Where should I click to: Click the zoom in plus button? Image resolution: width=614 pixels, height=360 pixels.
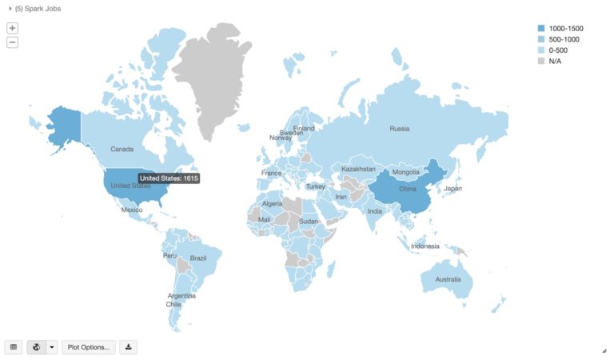(12, 27)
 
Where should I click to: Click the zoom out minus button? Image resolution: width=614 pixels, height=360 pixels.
(12, 42)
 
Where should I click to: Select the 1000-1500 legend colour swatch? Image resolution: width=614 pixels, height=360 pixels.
(541, 29)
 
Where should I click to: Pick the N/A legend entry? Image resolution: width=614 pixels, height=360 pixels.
(555, 61)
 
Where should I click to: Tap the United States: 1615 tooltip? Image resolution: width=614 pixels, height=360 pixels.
(169, 178)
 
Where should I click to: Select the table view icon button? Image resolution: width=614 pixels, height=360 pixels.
(14, 347)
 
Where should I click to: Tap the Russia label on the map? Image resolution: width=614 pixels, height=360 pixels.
(399, 129)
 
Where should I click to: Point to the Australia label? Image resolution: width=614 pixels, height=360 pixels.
(447, 280)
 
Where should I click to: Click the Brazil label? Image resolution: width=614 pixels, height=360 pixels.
(198, 258)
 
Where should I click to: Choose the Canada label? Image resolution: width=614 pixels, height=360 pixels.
(122, 149)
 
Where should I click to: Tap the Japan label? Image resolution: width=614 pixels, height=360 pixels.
(453, 189)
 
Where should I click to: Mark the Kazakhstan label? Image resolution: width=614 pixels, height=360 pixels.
(358, 170)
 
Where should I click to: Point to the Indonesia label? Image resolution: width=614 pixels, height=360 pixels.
(425, 246)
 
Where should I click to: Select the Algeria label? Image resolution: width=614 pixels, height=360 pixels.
(273, 204)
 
